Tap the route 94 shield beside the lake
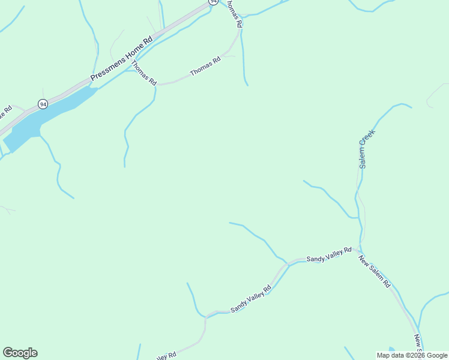pyautogui.click(x=43, y=104)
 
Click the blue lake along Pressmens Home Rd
pyautogui.click(x=36, y=122)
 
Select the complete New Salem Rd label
pyautogui.click(x=375, y=271)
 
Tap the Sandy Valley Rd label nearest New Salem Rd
pyautogui.click(x=328, y=254)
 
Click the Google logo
pyautogui.click(x=20, y=353)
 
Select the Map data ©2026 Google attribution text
pyautogui.click(x=412, y=355)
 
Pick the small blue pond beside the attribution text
pyautogui.click(x=391, y=349)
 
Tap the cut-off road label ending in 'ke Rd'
pyautogui.click(x=5, y=112)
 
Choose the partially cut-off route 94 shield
pyautogui.click(x=213, y=2)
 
